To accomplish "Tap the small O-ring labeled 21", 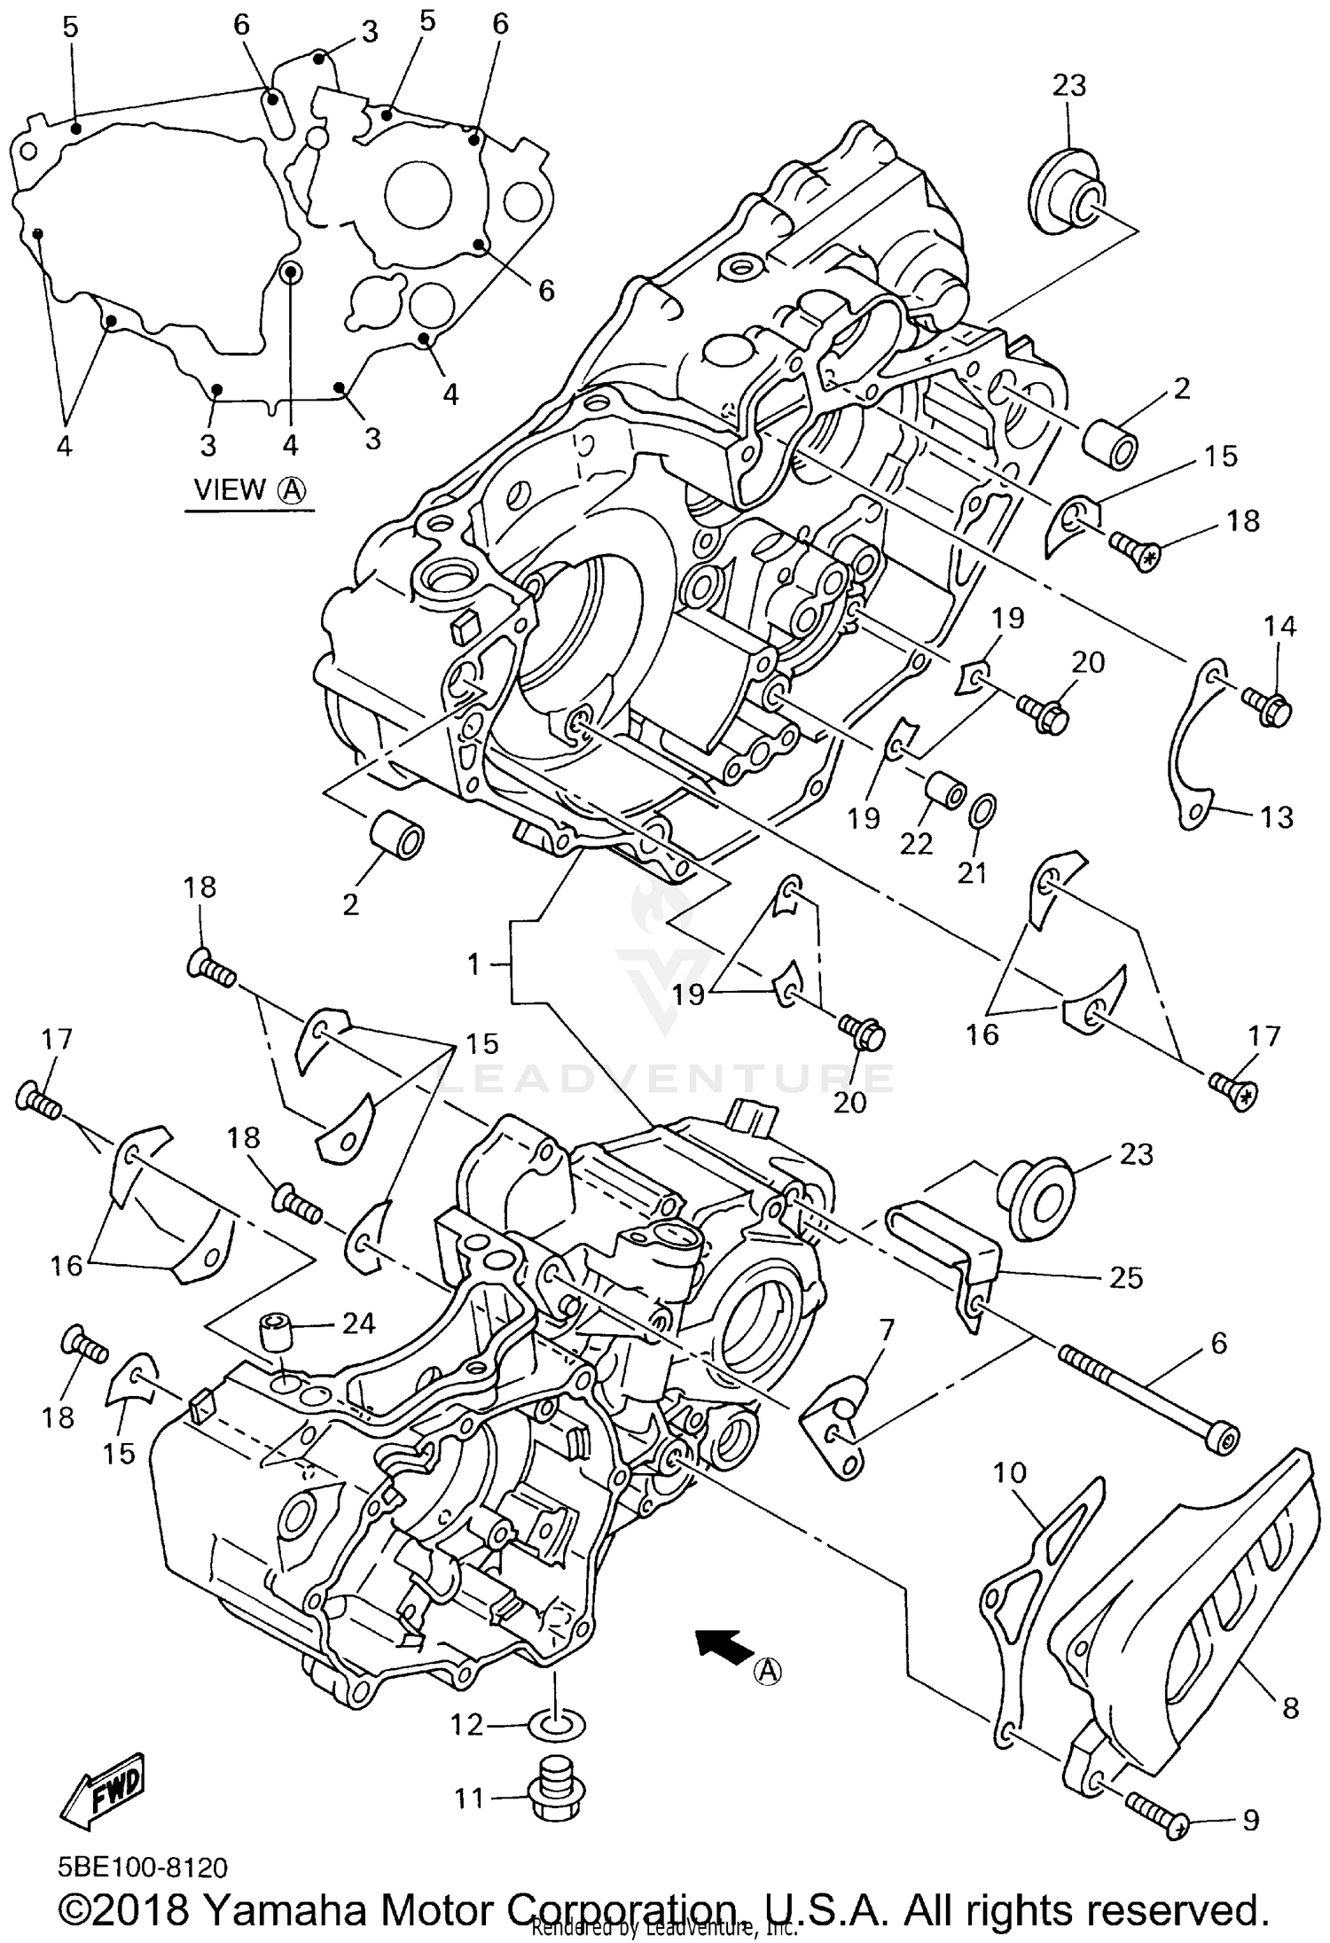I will (x=985, y=809).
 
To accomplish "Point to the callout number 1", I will (x=474, y=963).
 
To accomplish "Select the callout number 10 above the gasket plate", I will (x=1009, y=1472).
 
